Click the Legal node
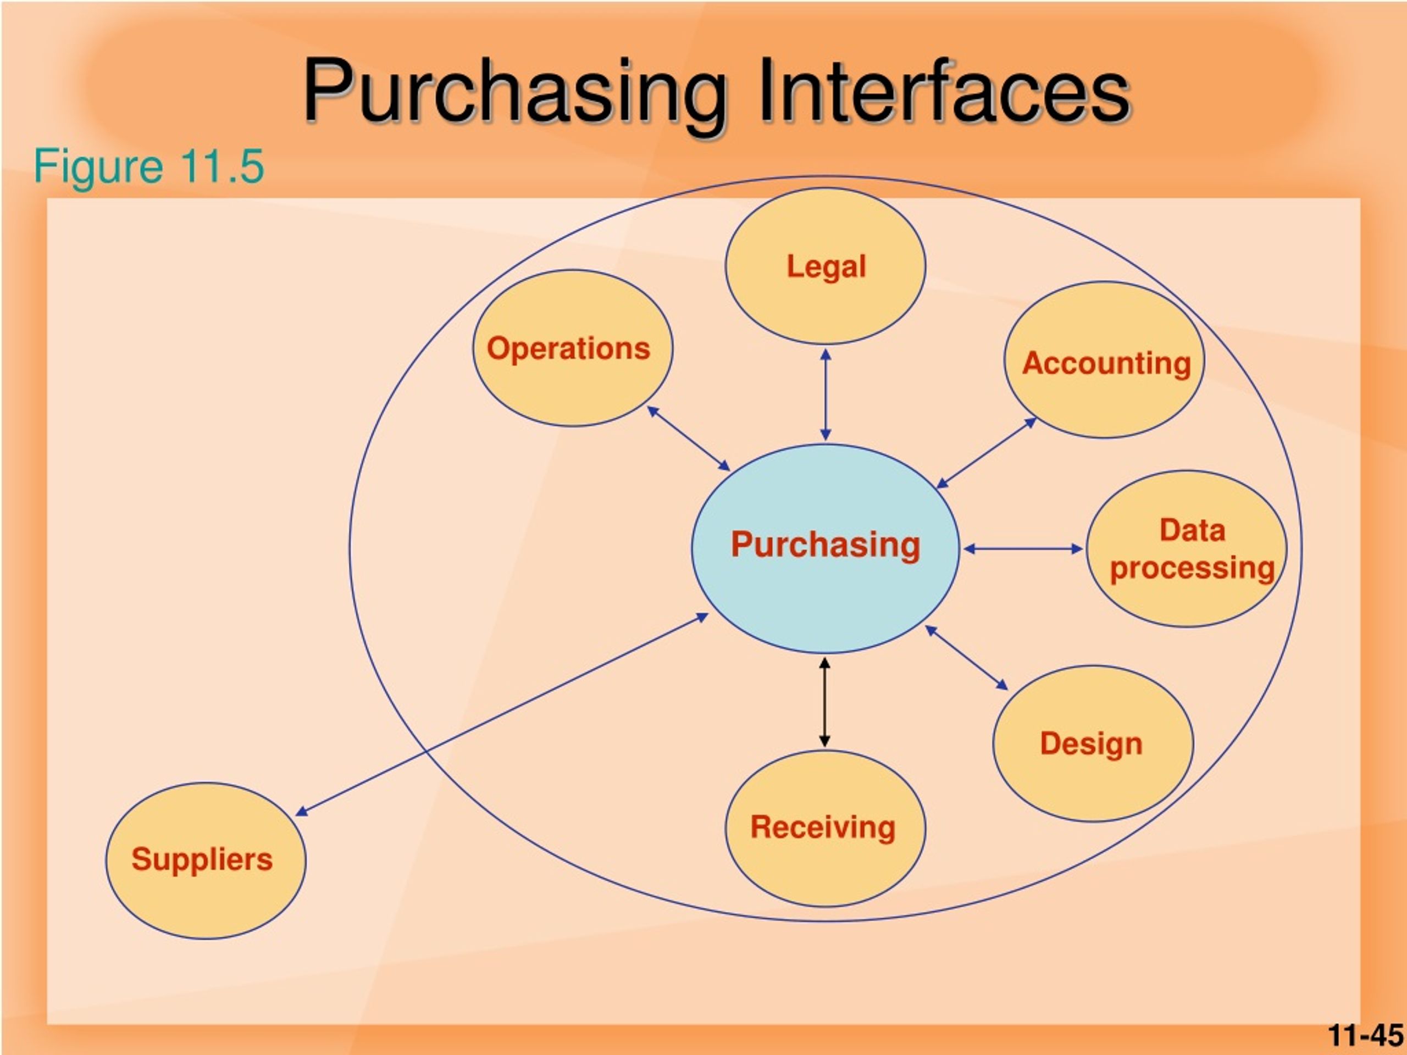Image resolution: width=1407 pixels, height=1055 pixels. coord(826,266)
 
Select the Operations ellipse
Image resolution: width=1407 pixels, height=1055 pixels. coord(573,348)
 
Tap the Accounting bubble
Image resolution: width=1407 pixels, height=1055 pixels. coord(1104,360)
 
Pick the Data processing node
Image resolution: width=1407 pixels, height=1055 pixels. coord(1187,549)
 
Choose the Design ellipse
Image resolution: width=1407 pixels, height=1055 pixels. coord(1093,743)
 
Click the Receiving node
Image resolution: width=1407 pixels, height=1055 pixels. coord(826,829)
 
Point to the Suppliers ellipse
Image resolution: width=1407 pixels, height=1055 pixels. coord(206,860)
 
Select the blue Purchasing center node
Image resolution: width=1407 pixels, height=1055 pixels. coord(826,548)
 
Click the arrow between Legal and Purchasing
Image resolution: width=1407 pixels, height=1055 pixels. coord(826,395)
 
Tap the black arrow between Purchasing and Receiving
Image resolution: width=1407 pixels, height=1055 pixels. coord(824,702)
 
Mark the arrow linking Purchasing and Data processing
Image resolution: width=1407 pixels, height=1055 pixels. coord(1023,549)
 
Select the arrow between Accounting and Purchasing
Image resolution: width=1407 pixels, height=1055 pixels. coord(987,453)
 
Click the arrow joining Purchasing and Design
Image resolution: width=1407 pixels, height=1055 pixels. coord(967,658)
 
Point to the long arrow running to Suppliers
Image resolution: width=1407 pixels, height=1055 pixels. coord(502,714)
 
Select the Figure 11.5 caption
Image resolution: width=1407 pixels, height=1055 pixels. coord(149,166)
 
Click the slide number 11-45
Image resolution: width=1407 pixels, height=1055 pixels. coord(1365,1035)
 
